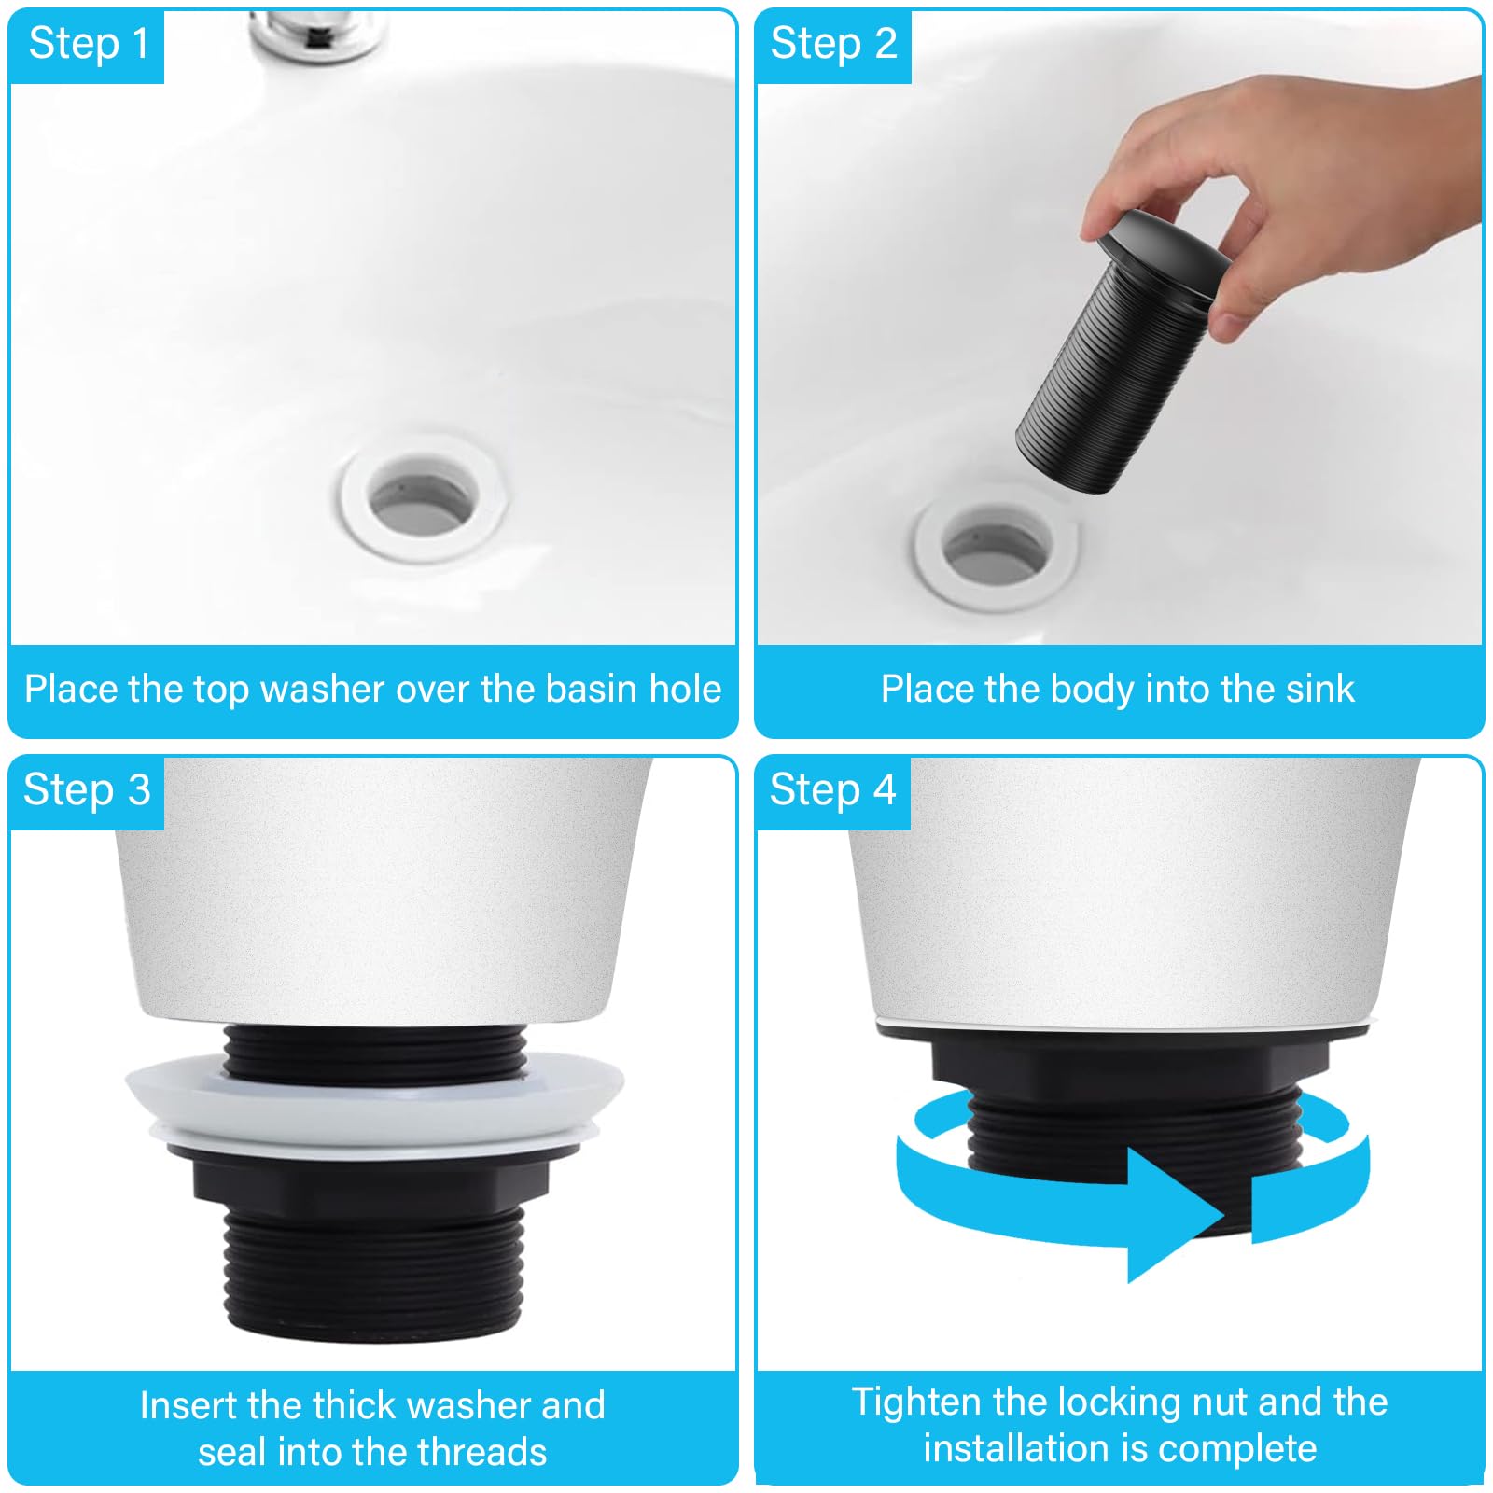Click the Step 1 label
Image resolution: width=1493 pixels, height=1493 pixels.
[88, 44]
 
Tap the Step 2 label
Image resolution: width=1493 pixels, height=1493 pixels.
[833, 44]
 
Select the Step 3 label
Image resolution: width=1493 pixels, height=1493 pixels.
[87, 790]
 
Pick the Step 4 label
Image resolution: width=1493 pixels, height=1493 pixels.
[832, 790]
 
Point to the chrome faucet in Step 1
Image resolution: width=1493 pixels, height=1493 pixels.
[317, 28]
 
